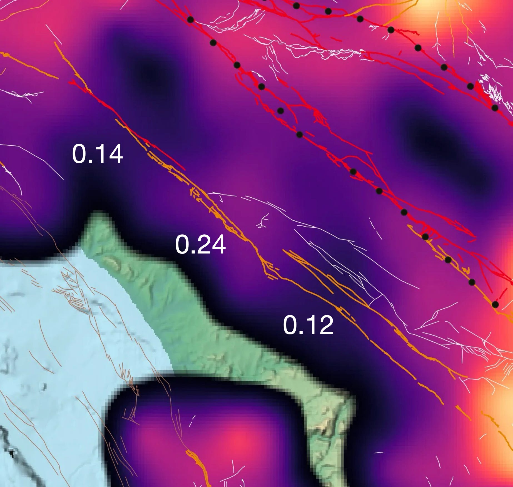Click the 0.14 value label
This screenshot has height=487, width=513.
click(x=97, y=154)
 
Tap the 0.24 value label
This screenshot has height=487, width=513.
click(x=200, y=245)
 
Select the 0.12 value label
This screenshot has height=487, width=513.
click(x=308, y=326)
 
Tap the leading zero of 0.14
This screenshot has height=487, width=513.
click(x=79, y=154)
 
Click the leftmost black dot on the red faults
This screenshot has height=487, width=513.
click(x=190, y=19)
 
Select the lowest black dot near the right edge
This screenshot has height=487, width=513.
click(x=495, y=304)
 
